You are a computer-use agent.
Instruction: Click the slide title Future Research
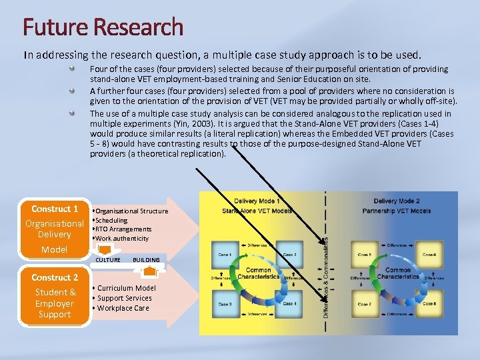click(x=103, y=27)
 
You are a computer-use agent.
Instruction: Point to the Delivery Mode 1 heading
click(x=257, y=201)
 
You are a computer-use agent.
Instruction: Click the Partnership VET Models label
click(x=397, y=211)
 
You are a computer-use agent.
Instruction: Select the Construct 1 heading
click(x=55, y=209)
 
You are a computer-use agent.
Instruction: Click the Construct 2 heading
click(x=55, y=277)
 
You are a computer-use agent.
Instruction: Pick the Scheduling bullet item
click(x=111, y=220)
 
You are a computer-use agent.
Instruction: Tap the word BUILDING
click(x=146, y=260)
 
